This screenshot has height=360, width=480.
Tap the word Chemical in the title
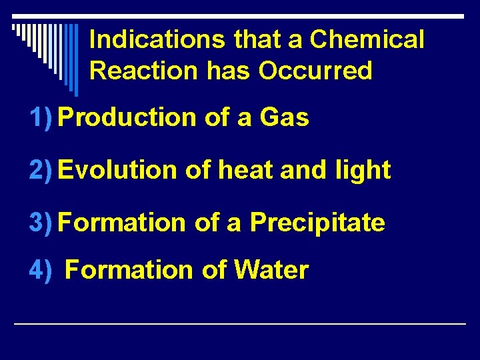pos(367,40)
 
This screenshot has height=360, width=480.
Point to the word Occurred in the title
pos(315,70)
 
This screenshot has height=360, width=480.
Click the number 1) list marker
pos(41,118)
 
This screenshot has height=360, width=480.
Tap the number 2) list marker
pos(41,170)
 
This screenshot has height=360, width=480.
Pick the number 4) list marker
pos(41,270)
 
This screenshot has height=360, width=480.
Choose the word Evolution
pos(119,170)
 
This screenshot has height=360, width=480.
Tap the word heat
pos(245,170)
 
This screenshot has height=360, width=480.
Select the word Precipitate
pos(317,223)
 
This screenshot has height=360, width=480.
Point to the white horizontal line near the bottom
pos(240,323)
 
